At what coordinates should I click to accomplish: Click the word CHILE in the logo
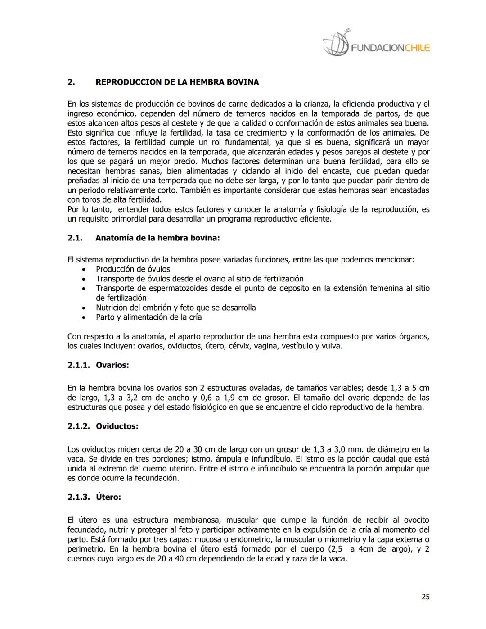(x=417, y=48)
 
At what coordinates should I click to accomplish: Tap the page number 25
(x=425, y=597)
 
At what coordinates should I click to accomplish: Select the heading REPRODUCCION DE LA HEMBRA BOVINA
(x=177, y=82)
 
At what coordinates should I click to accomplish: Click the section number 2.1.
(x=75, y=238)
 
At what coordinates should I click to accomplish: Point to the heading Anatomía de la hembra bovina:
(x=157, y=238)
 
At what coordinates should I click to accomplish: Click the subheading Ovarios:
(x=112, y=365)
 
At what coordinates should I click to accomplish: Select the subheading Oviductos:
(x=117, y=426)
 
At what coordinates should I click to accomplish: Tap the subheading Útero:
(x=108, y=498)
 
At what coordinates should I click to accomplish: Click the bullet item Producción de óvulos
(x=133, y=269)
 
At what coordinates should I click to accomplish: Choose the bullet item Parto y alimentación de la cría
(x=148, y=317)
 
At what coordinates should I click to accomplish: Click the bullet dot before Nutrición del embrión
(x=84, y=308)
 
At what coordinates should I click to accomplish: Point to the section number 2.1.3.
(x=79, y=498)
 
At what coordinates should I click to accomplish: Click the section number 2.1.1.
(x=79, y=365)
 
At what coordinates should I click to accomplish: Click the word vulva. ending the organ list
(x=333, y=346)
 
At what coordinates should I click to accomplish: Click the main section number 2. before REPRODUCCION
(x=71, y=82)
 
